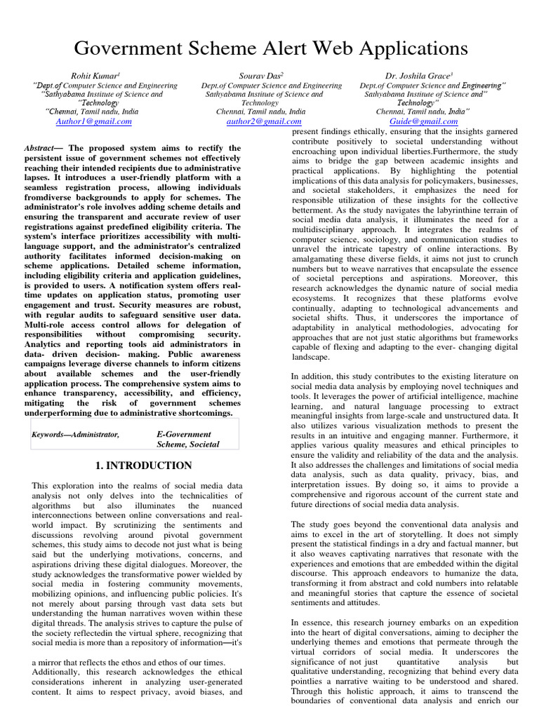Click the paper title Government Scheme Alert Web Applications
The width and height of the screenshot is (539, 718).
point(270,48)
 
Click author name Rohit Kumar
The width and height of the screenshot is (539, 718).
point(96,74)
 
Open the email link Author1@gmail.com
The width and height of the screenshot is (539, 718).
point(93,121)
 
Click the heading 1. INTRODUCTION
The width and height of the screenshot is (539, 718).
point(142,466)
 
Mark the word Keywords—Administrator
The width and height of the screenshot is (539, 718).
point(76,435)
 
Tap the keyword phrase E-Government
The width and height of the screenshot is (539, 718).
point(185,435)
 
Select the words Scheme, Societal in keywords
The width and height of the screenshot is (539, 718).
point(188,445)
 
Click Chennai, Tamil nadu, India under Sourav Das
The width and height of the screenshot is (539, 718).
point(260,111)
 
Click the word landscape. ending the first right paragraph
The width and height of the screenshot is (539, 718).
point(310,357)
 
